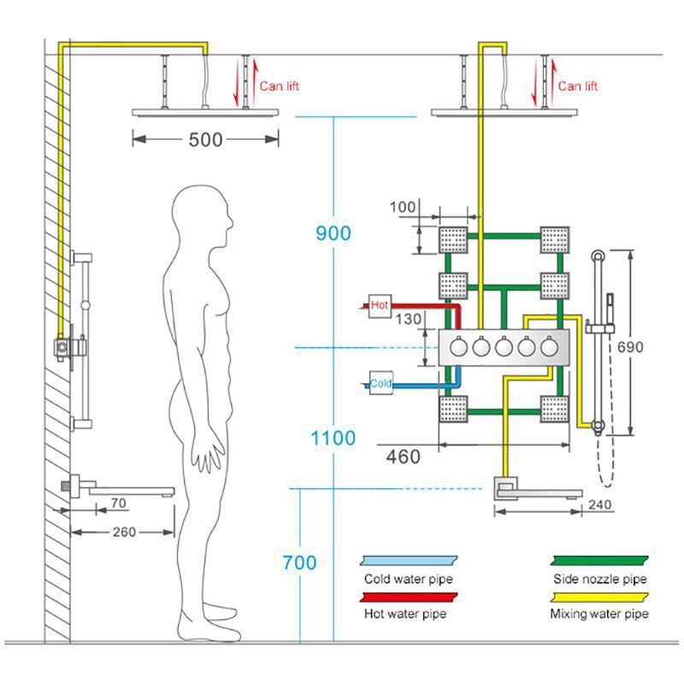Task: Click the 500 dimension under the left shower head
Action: click(205, 140)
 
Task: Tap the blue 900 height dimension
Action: click(333, 233)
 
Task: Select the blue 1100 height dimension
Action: click(333, 438)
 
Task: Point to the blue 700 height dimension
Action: click(299, 563)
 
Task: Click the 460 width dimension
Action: click(403, 457)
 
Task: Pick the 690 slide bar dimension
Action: click(630, 347)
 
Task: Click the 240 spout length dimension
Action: click(600, 504)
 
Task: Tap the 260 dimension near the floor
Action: click(124, 532)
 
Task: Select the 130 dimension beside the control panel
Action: click(409, 319)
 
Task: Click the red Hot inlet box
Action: click(380, 306)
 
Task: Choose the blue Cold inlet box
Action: click(380, 383)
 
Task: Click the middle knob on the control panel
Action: click(504, 347)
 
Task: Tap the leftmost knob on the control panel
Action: click(458, 347)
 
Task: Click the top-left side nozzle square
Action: click(453, 240)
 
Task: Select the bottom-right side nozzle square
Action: click(554, 410)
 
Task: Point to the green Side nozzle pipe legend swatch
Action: click(599, 561)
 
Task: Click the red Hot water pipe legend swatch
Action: click(409, 597)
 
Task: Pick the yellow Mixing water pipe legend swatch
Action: click(599, 597)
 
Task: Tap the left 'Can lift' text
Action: click(280, 86)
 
